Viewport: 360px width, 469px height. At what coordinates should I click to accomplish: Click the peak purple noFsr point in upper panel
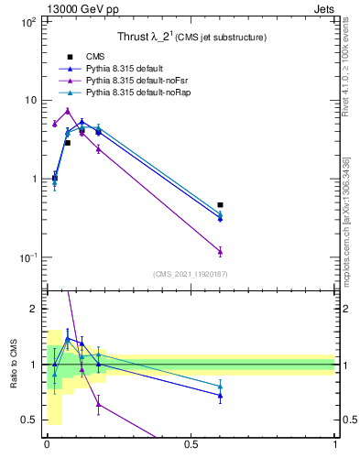pos(68,111)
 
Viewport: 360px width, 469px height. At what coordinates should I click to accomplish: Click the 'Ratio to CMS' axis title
pos(15,365)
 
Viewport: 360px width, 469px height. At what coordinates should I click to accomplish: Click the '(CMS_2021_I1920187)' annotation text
pos(191,274)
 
